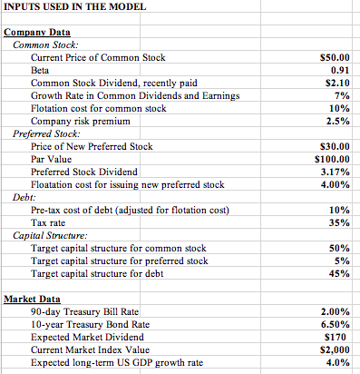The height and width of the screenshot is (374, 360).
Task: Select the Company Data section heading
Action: pyautogui.click(x=37, y=33)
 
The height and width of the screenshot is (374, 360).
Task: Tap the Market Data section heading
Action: pyautogui.click(x=34, y=299)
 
